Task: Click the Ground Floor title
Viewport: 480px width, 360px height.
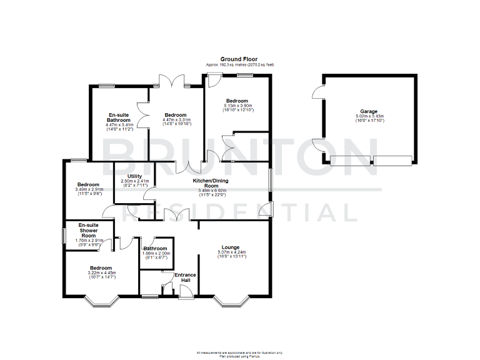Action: point(240,59)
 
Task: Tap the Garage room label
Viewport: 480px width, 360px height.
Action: point(368,111)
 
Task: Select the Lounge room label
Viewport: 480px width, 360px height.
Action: point(230,247)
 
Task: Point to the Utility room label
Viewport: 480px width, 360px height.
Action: point(136,177)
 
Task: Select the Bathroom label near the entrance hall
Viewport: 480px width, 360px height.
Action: point(154,248)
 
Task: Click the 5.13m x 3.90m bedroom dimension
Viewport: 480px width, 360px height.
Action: point(237,106)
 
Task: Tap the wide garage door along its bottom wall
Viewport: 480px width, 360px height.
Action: point(371,160)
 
